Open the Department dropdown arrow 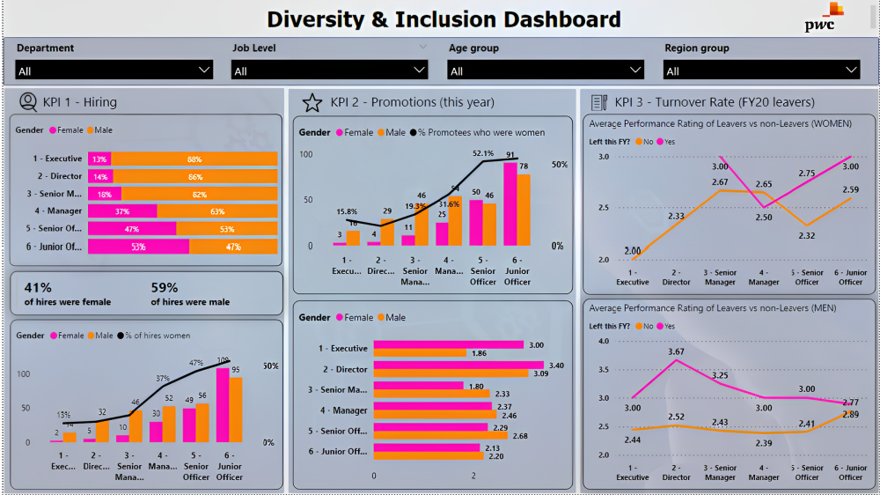tap(204, 70)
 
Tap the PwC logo tap(824, 18)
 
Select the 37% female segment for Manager tap(122, 211)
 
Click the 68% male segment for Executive tap(194, 159)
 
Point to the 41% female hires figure tap(38, 287)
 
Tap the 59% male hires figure tap(164, 287)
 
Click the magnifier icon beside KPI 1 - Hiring tap(27, 102)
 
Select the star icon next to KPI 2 tap(312, 103)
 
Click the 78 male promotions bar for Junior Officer tap(524, 211)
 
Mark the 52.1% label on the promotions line tap(483, 153)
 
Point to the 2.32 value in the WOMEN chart tap(807, 235)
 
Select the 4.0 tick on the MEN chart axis tap(604, 341)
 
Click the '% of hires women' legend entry tap(158, 336)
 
